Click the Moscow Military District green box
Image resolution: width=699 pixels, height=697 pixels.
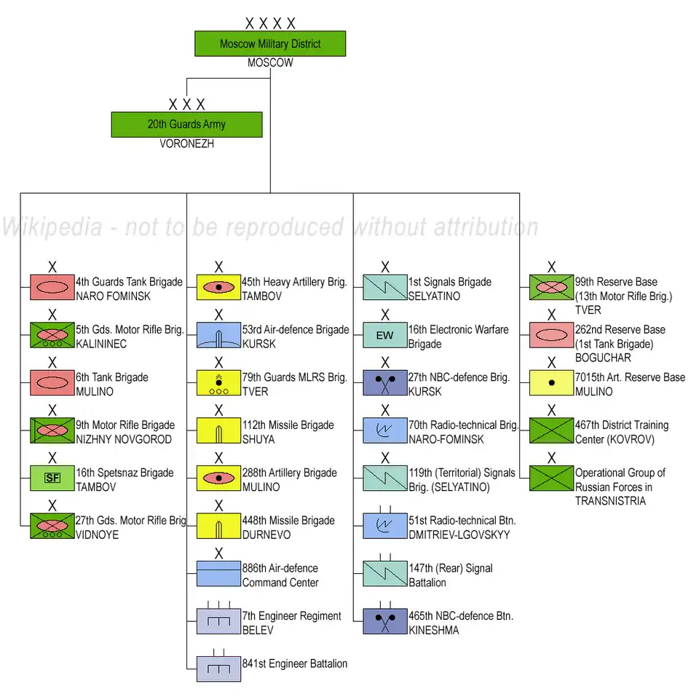(x=270, y=44)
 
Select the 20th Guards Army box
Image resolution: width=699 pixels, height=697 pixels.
(x=186, y=125)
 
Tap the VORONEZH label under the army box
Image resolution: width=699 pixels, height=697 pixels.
(x=187, y=144)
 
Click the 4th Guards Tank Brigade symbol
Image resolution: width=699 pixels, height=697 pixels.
(x=52, y=287)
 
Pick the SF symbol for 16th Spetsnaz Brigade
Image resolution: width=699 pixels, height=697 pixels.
(x=52, y=478)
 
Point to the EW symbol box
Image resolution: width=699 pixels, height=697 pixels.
(x=384, y=335)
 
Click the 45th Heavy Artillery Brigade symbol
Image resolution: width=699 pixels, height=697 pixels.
(x=218, y=287)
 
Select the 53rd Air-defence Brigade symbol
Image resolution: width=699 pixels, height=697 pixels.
(x=218, y=335)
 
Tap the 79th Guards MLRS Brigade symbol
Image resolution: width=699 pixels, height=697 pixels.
(x=218, y=383)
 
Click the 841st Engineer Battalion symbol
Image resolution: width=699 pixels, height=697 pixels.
(x=218, y=669)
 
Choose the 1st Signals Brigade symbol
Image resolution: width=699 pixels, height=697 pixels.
(x=384, y=287)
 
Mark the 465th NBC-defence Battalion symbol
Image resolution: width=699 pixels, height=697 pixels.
(x=384, y=621)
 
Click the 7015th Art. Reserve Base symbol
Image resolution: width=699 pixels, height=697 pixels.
(x=551, y=382)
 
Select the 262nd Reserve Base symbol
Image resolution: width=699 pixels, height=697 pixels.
(x=551, y=335)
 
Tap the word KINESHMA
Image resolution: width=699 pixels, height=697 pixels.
(x=434, y=630)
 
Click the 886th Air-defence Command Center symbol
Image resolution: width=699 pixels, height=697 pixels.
(x=218, y=573)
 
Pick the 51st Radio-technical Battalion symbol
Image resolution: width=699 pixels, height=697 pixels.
(x=384, y=526)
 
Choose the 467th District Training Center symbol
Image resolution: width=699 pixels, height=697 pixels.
(x=551, y=430)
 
